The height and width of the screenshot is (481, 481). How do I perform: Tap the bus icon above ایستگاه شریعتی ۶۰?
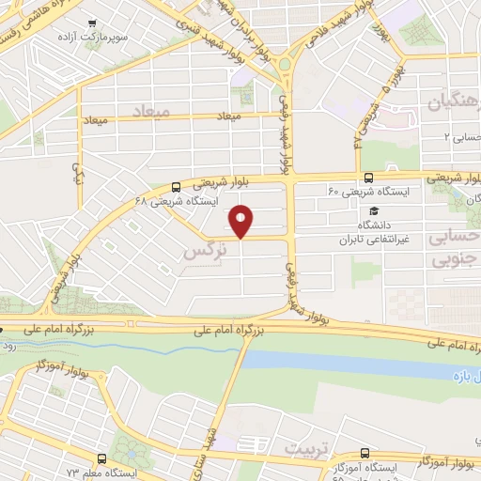[367, 177]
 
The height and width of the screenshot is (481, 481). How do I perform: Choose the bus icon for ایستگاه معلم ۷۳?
[101, 458]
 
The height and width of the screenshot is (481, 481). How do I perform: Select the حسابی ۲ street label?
[461, 136]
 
